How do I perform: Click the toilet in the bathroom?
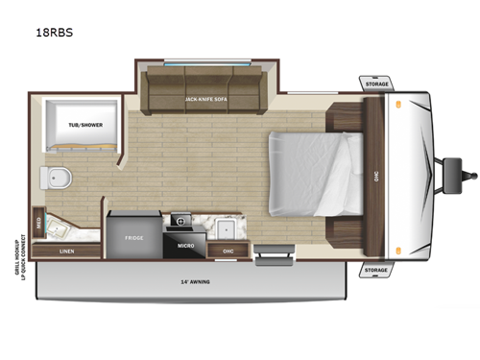click(57, 178)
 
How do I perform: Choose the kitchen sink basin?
click(228, 228)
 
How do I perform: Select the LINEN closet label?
click(66, 252)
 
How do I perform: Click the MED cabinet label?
click(38, 222)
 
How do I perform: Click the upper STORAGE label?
click(376, 84)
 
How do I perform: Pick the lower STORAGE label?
click(376, 270)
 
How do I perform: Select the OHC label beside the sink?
click(228, 252)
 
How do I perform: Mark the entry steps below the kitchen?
click(272, 254)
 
